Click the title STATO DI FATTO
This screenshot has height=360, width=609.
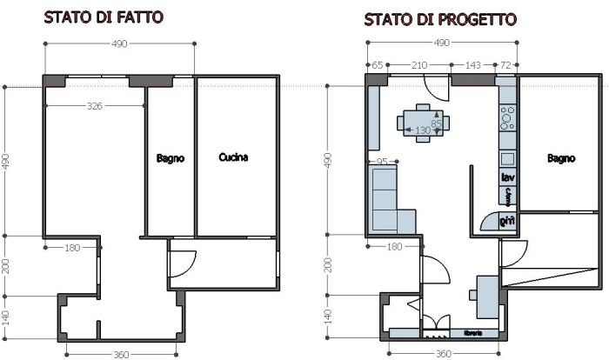(x=104, y=17)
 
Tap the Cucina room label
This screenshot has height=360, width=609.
(x=233, y=157)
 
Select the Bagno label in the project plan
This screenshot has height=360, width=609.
(x=561, y=158)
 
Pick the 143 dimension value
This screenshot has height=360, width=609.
(x=474, y=65)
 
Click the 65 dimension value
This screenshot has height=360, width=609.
(x=378, y=65)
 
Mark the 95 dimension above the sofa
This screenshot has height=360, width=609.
(x=381, y=162)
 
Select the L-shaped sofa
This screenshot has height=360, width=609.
(x=389, y=202)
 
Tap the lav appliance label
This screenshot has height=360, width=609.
(x=508, y=177)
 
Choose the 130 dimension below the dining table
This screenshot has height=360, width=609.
(x=423, y=131)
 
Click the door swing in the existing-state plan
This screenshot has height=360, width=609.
(x=180, y=263)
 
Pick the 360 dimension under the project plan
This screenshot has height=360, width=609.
(x=444, y=354)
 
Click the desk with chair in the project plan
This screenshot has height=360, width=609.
(x=486, y=297)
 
